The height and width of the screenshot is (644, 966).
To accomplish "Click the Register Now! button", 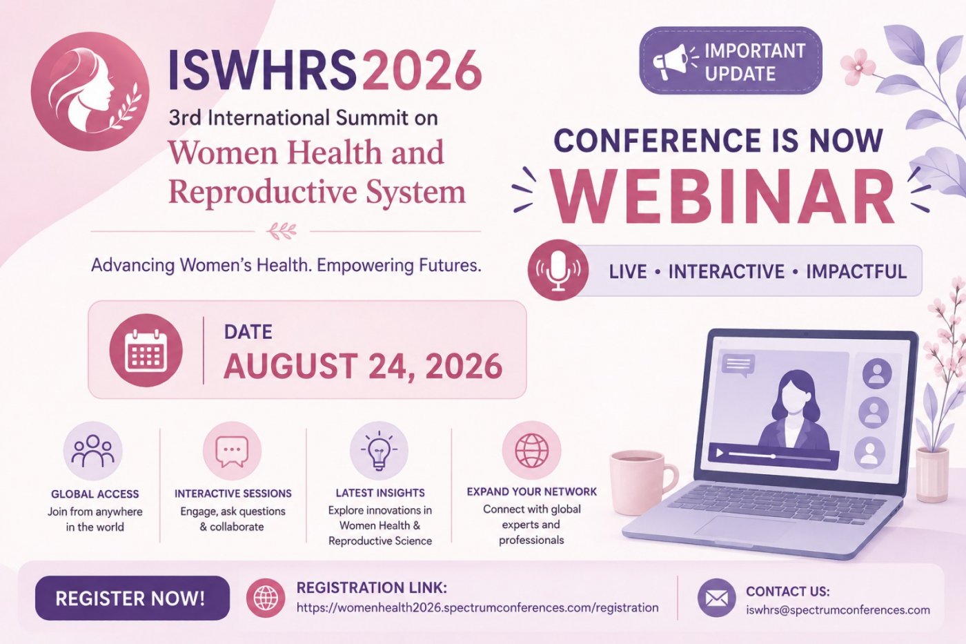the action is pyautogui.click(x=132, y=598).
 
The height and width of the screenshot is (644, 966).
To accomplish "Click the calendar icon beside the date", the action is pyautogui.click(x=146, y=350).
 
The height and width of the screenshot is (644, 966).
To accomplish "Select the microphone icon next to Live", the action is pyautogui.click(x=558, y=270).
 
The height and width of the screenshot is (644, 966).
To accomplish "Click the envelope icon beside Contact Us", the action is pyautogui.click(x=716, y=598).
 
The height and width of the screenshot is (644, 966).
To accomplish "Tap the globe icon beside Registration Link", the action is pyautogui.click(x=266, y=598).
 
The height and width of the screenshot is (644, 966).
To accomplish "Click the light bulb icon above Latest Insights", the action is pyautogui.click(x=379, y=451).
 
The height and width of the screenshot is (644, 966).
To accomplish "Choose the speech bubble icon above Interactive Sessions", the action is pyautogui.click(x=232, y=451).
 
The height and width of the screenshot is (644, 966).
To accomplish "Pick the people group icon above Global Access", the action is pyautogui.click(x=93, y=451).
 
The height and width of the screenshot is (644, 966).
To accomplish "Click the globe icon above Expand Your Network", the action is pyautogui.click(x=532, y=451).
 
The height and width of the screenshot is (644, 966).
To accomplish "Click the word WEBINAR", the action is pyautogui.click(x=723, y=196).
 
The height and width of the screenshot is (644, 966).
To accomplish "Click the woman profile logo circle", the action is pyautogui.click(x=90, y=91).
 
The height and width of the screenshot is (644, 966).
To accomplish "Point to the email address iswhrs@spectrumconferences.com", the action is pyautogui.click(x=838, y=610).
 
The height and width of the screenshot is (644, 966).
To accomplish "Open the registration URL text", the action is pyautogui.click(x=477, y=608).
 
